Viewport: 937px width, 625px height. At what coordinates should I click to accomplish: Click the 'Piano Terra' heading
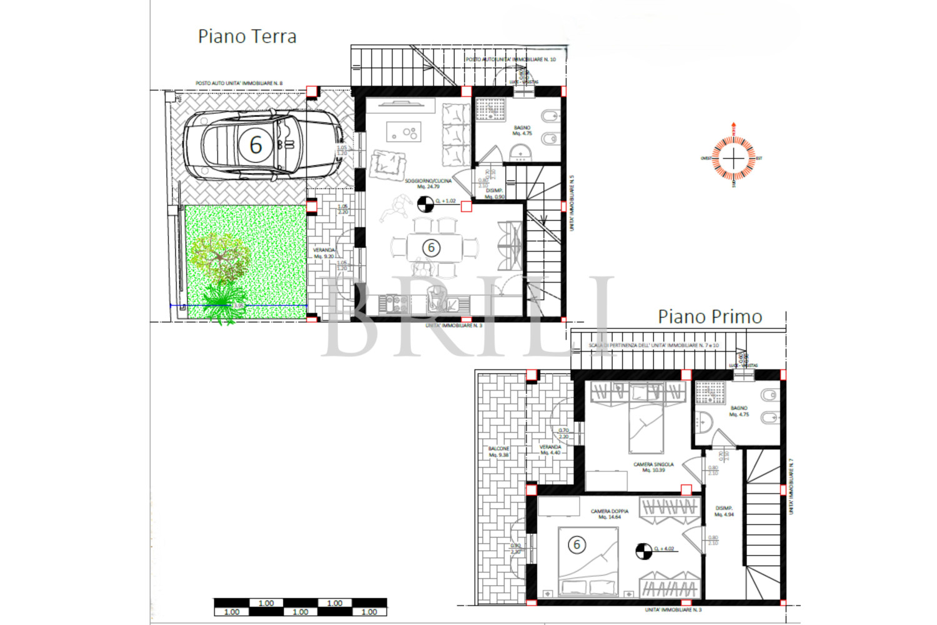[247, 36]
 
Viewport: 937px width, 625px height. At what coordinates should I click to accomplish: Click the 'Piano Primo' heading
[710, 317]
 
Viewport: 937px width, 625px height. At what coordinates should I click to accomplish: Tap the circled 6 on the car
[255, 145]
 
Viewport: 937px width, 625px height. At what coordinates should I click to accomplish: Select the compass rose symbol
[734, 157]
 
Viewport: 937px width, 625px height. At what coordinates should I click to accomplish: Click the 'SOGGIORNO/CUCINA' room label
[428, 183]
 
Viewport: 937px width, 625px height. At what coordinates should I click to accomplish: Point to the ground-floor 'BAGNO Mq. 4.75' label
[522, 130]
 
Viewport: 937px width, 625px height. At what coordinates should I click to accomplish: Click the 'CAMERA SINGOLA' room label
[653, 467]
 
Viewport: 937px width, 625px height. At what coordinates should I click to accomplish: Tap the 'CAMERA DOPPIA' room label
[610, 514]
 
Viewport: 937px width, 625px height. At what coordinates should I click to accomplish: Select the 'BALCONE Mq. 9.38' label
[498, 451]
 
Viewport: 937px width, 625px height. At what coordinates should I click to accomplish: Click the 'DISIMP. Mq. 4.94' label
[724, 511]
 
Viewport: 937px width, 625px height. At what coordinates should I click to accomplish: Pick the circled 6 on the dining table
[431, 247]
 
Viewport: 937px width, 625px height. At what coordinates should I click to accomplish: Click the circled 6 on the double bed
[577, 544]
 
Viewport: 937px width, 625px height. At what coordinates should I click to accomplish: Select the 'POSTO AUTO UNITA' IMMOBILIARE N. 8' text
[239, 83]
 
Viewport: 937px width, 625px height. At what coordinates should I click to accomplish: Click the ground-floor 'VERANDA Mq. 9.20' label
[324, 252]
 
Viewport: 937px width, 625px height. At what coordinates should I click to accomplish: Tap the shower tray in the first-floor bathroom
[710, 392]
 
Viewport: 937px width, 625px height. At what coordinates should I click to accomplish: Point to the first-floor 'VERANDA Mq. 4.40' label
[550, 449]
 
